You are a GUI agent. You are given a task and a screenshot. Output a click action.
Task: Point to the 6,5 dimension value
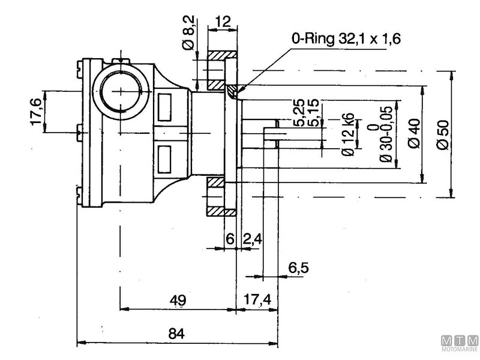[x=298, y=268]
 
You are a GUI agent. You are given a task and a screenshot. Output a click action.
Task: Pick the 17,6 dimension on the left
[x=35, y=112]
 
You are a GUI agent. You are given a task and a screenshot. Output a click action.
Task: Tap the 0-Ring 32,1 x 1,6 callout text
[x=346, y=40]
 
